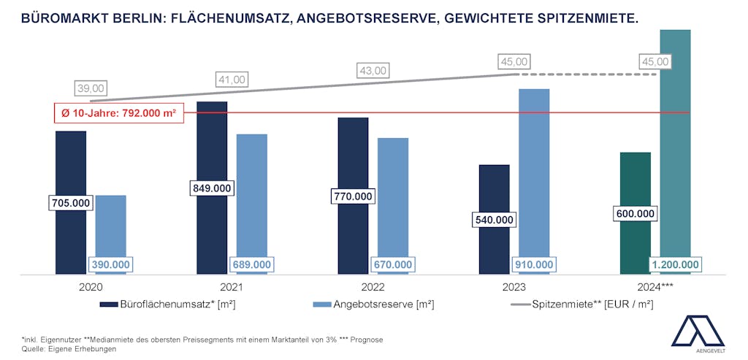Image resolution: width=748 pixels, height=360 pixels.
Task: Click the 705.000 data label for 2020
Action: click(71, 203)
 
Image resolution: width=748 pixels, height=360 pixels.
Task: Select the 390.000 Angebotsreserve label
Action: click(110, 264)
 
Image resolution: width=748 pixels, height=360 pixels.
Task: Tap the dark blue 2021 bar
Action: click(212, 146)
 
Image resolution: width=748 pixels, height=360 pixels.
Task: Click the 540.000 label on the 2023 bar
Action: click(495, 219)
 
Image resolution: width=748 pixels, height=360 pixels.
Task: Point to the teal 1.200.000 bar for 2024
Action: click(675, 146)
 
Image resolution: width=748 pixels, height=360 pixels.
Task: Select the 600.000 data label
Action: click(636, 213)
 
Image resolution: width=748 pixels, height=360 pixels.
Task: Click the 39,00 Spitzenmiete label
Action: click(91, 88)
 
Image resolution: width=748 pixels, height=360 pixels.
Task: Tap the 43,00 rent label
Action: click(373, 71)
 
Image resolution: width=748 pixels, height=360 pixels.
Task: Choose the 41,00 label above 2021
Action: click(232, 80)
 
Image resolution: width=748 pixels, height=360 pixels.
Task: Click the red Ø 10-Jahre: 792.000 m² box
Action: click(118, 113)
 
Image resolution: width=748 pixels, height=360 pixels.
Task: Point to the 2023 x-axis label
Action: click(514, 286)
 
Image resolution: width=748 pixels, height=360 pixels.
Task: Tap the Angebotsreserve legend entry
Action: click(373, 305)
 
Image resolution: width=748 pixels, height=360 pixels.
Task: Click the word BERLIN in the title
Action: click(140, 15)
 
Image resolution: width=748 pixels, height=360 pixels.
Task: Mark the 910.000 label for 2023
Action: click(534, 264)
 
